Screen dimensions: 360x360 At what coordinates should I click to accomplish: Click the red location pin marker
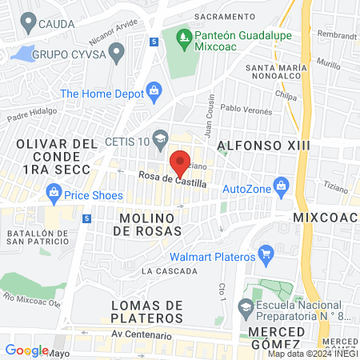pos(181,162)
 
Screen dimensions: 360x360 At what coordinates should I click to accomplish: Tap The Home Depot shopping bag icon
pos(152,94)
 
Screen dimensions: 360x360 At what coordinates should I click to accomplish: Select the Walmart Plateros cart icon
pos(266,257)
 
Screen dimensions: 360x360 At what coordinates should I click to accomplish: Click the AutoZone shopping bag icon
pos(280,189)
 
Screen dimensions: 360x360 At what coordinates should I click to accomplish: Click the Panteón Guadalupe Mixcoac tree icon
pos(184,37)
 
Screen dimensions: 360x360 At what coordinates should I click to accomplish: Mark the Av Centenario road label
pos(142,334)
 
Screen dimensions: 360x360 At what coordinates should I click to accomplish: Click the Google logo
pos(26,350)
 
